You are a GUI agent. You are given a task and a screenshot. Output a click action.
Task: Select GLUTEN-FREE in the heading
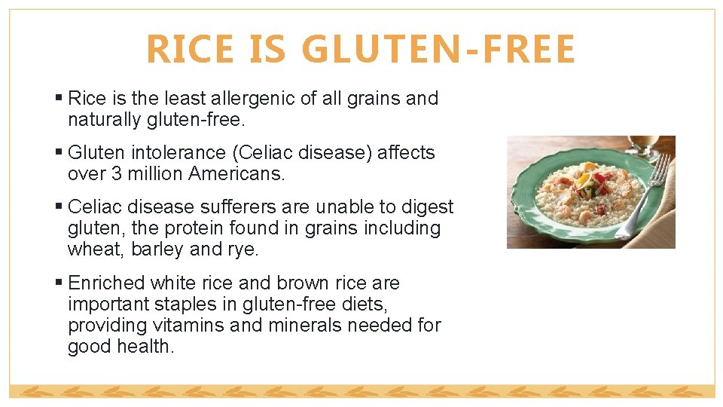[438, 49]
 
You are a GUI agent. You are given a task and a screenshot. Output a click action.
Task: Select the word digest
[422, 207]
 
